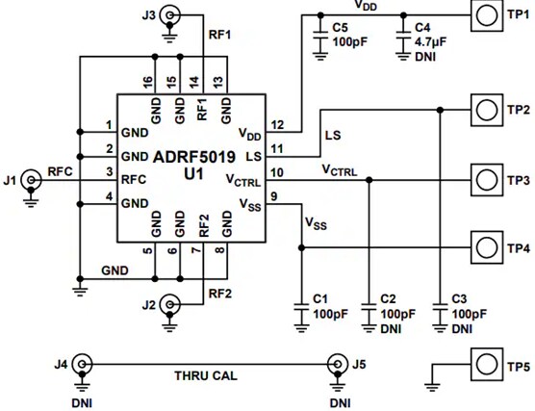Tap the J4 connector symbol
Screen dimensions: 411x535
coord(84,365)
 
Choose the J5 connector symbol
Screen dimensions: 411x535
coord(338,365)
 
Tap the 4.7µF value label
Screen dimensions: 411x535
coord(428,41)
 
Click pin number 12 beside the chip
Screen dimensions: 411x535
coord(276,125)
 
